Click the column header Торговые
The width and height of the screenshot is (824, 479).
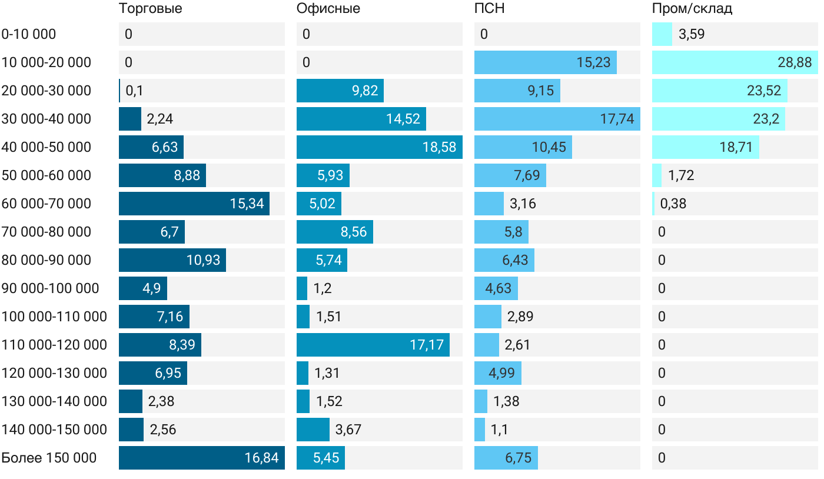(x=150, y=9)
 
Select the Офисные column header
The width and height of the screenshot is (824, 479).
(x=328, y=9)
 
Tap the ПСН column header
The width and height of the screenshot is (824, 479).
(x=489, y=9)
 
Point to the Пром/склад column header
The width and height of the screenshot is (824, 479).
(x=692, y=9)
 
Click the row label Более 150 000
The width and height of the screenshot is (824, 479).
(x=49, y=458)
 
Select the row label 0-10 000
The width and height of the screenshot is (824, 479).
(x=29, y=34)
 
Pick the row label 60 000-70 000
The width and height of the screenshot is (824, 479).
(x=46, y=204)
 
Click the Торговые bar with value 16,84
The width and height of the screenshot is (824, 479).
(x=201, y=458)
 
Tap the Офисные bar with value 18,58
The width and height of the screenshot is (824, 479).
(x=379, y=147)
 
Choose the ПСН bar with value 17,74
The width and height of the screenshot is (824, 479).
(x=557, y=119)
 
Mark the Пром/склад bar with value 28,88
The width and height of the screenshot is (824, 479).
(x=735, y=62)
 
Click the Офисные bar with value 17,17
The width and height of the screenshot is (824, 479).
(x=373, y=345)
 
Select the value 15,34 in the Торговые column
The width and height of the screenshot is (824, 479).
(x=247, y=204)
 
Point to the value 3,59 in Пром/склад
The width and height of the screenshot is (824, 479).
(x=692, y=34)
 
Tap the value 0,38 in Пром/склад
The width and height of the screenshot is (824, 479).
(x=673, y=204)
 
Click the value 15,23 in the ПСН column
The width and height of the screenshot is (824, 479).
(x=593, y=62)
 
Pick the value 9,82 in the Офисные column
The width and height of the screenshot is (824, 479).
(x=365, y=91)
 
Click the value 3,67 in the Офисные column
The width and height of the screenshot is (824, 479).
(x=348, y=430)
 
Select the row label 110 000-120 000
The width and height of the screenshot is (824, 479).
(x=54, y=345)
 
